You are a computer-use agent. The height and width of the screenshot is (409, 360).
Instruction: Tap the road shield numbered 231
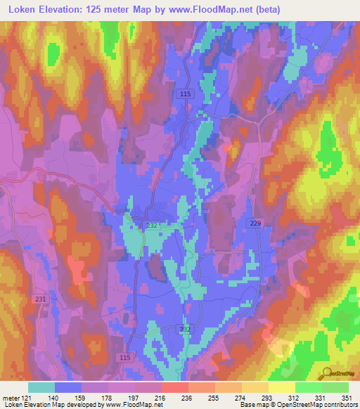click(40, 299)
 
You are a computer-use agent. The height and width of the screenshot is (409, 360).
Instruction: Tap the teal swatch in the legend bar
click(41, 387)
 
